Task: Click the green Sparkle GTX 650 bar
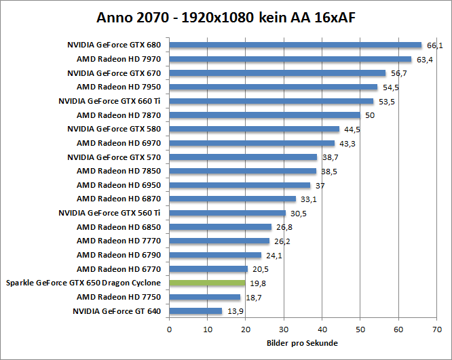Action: tap(207, 283)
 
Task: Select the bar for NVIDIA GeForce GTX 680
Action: tap(295, 45)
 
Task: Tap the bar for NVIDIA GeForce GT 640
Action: tap(195, 311)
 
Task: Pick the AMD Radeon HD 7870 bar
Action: tap(265, 115)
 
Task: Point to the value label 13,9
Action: tap(234, 311)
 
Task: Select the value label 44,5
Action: tap(352, 129)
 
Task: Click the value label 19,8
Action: tap(259, 283)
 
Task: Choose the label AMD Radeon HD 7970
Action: tap(119, 59)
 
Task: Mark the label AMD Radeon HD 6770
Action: tap(119, 269)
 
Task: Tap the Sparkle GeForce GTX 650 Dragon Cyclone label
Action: tap(83, 283)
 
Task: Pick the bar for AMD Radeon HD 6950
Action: tap(240, 185)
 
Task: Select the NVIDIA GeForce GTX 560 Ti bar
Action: tap(227, 213)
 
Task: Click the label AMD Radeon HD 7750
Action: tap(119, 297)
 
